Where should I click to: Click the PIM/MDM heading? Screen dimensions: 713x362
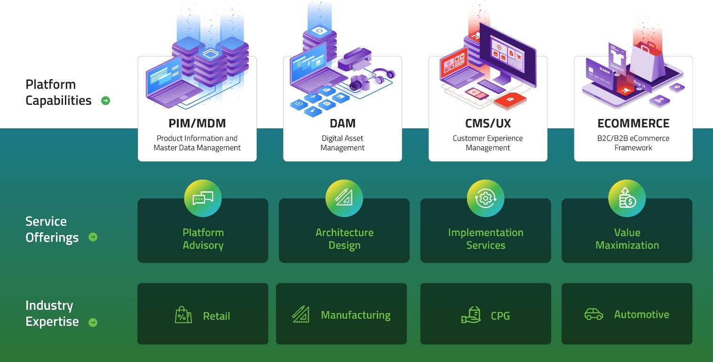click(x=197, y=124)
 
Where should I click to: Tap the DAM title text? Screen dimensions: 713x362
click(x=342, y=124)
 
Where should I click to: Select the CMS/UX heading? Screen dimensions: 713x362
click(x=488, y=124)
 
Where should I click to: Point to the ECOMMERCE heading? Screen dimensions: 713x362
click(x=634, y=124)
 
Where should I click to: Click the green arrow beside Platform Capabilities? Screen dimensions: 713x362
click(x=106, y=101)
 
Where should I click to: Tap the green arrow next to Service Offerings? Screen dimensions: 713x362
click(x=93, y=237)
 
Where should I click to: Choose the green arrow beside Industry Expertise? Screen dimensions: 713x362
click(x=93, y=323)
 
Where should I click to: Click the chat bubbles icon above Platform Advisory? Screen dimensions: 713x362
click(x=203, y=198)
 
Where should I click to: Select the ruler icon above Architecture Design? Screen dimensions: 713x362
click(x=344, y=197)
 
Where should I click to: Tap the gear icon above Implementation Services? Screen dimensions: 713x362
click(x=486, y=198)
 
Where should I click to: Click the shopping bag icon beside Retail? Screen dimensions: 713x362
click(x=183, y=315)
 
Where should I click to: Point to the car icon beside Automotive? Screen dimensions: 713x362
click(x=594, y=315)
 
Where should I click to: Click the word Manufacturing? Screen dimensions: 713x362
click(x=356, y=315)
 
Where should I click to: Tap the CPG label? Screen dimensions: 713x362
click(x=500, y=315)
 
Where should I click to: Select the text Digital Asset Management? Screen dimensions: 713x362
click(x=342, y=143)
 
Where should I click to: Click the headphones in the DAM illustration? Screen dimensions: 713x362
click(x=383, y=76)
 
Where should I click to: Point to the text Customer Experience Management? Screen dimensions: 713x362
click(x=488, y=143)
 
